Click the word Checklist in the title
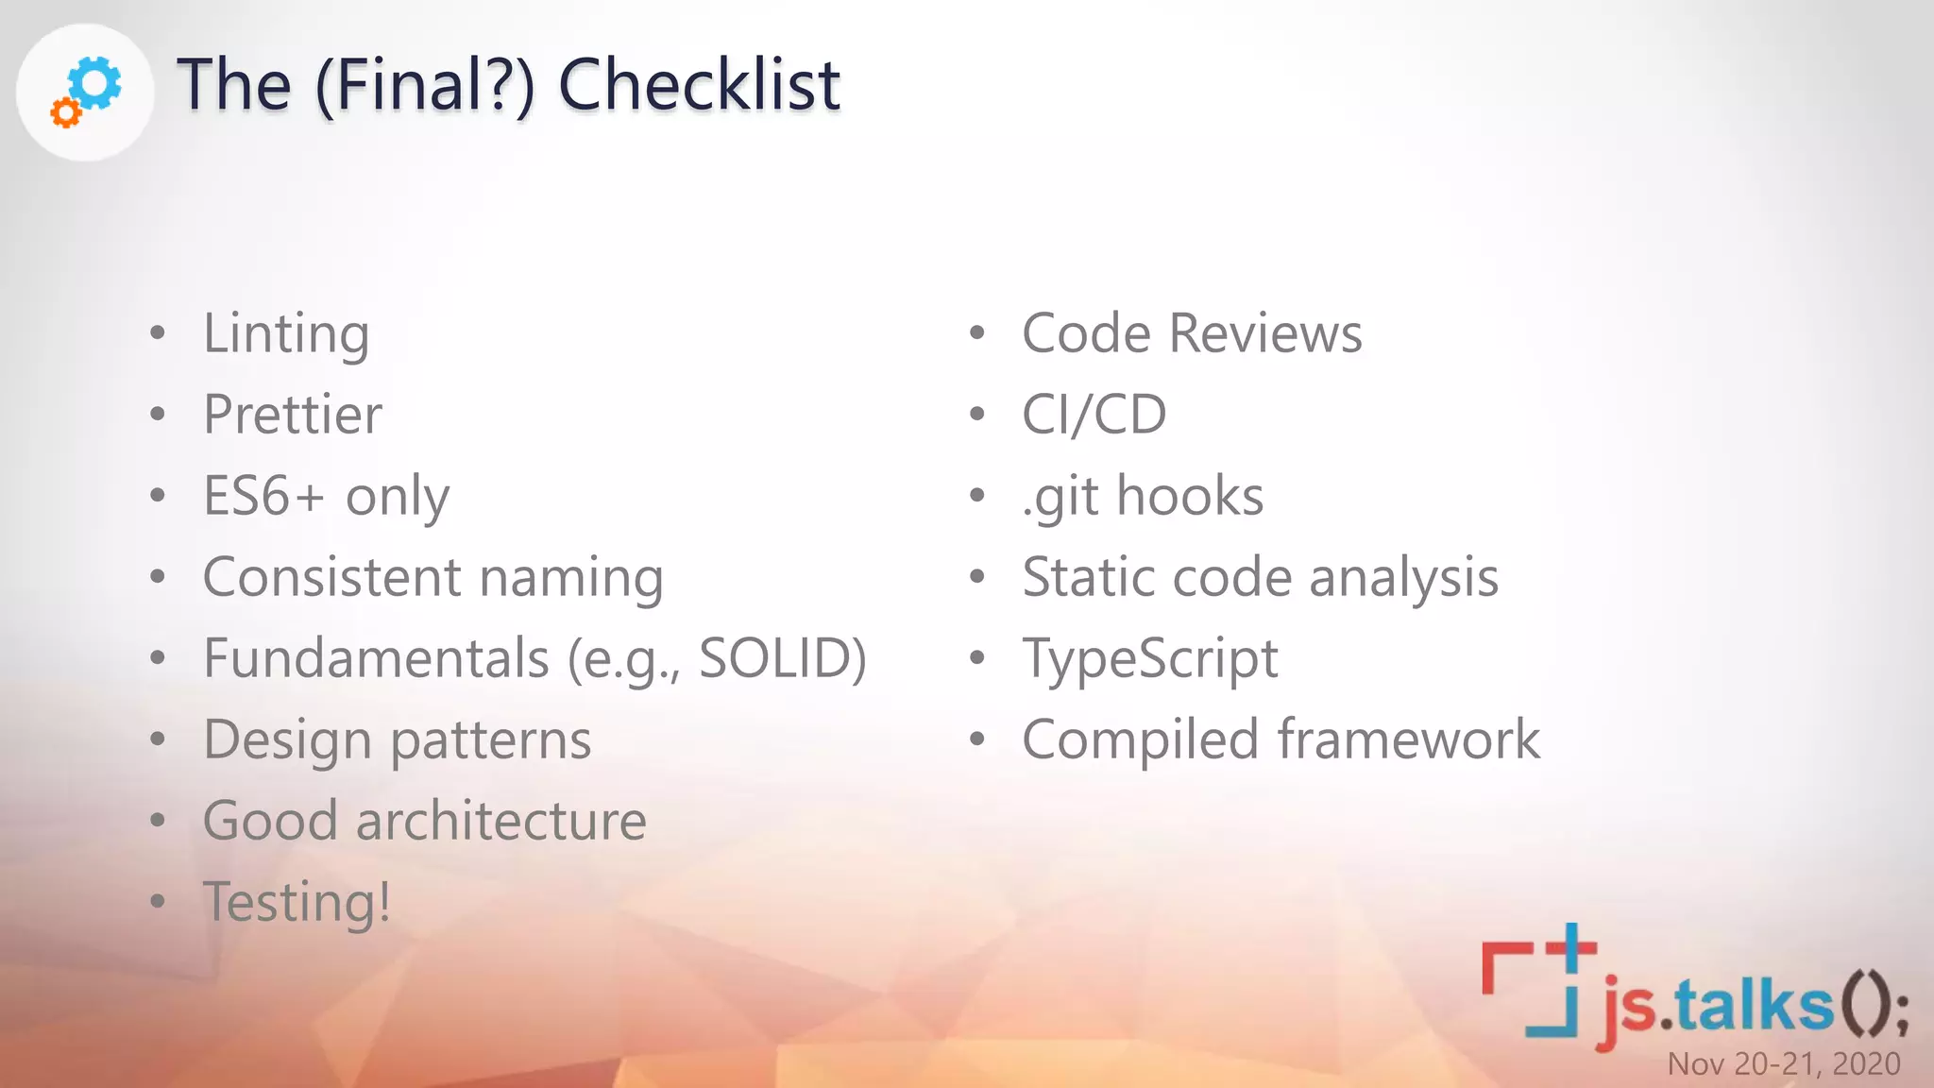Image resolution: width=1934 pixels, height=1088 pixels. (699, 85)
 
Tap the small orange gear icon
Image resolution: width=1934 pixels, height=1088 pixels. (65, 113)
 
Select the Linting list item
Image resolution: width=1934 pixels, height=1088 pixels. (286, 334)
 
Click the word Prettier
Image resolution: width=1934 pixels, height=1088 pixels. (293, 416)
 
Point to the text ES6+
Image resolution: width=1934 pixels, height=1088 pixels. (264, 496)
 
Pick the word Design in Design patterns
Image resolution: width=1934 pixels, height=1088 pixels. (287, 739)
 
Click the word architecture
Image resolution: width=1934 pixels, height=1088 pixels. (500, 821)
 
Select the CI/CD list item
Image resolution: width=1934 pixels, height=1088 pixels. (1094, 416)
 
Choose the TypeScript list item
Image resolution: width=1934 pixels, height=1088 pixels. (1150, 659)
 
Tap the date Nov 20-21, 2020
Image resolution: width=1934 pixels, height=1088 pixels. (1783, 1064)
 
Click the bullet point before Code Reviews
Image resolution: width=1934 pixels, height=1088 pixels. (977, 333)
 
